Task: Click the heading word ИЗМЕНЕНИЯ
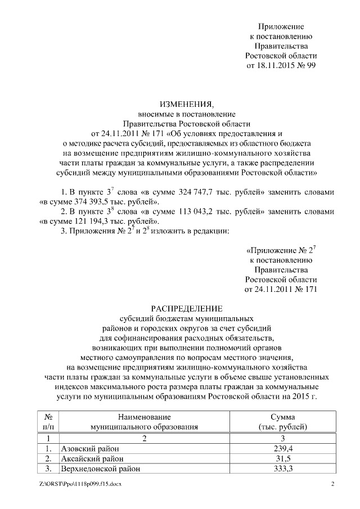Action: click(188, 105)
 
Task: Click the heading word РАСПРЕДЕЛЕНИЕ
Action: click(188, 308)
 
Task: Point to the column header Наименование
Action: click(144, 417)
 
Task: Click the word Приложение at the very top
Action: click(281, 26)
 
